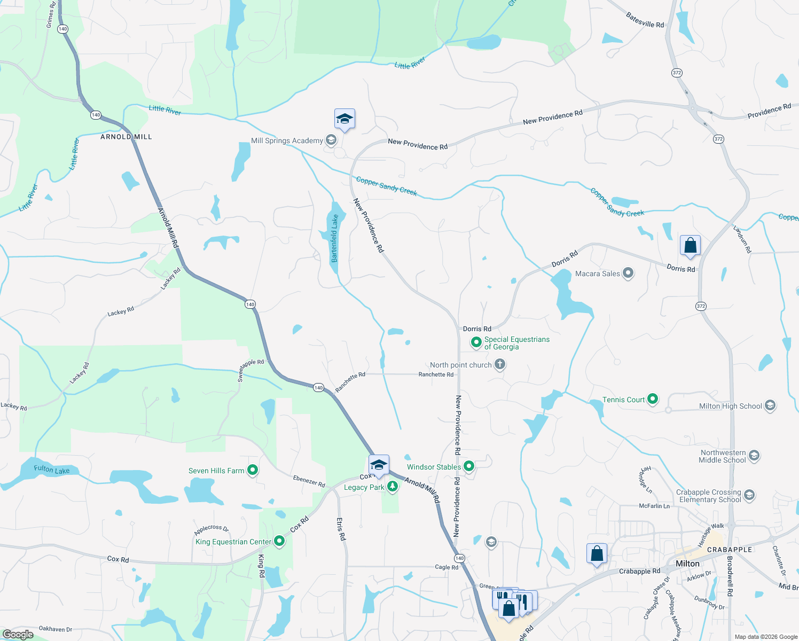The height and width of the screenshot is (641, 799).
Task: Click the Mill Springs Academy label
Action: (x=287, y=140)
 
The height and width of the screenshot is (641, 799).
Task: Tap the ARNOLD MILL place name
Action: (x=126, y=137)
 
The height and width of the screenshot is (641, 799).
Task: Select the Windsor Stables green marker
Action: (x=469, y=466)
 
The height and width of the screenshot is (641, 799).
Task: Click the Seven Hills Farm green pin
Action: (x=253, y=471)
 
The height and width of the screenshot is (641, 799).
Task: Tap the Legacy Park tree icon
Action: (x=393, y=486)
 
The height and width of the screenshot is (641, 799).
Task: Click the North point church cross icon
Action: (x=500, y=365)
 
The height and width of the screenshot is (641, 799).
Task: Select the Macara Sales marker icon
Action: (x=628, y=273)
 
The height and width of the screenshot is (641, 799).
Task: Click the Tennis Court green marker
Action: (x=652, y=399)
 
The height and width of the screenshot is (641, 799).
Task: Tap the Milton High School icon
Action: (x=770, y=406)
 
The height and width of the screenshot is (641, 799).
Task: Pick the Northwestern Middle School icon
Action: (x=754, y=456)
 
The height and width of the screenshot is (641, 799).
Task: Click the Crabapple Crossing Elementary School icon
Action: (x=749, y=495)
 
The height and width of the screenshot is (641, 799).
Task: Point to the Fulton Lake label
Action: (x=52, y=470)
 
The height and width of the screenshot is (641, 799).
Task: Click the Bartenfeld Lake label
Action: (x=334, y=238)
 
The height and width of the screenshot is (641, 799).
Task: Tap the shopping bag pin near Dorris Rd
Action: (x=690, y=245)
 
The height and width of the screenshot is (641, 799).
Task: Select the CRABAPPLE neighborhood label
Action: (x=729, y=550)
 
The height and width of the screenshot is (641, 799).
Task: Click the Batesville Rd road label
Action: (x=645, y=20)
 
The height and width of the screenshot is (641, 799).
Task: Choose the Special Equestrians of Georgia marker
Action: (x=476, y=342)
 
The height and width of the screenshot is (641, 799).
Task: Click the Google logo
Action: (x=18, y=634)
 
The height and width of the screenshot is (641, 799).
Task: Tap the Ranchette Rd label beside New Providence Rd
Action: (x=436, y=374)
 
